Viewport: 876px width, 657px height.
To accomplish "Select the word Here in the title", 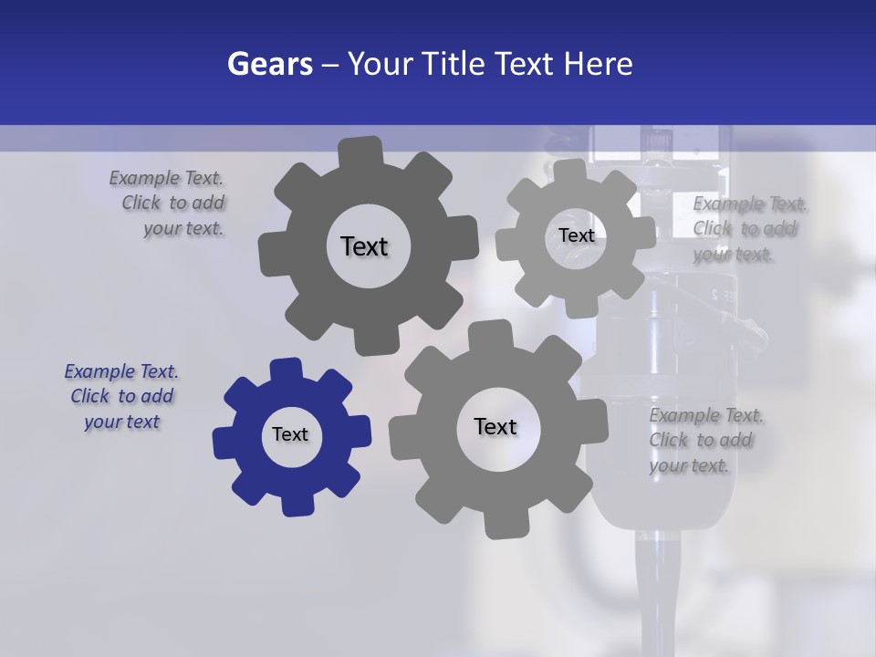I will click(x=599, y=64).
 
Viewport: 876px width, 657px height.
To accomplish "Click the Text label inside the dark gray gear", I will click(x=364, y=246).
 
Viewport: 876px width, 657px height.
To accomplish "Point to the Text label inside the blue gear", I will click(x=290, y=434).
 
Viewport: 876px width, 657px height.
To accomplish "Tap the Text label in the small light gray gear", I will click(x=576, y=235).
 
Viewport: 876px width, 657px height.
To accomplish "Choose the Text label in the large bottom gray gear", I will click(x=495, y=426).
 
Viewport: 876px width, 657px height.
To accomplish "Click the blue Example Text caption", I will click(x=120, y=397).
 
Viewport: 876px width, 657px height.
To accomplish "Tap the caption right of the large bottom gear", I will click(x=704, y=440).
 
